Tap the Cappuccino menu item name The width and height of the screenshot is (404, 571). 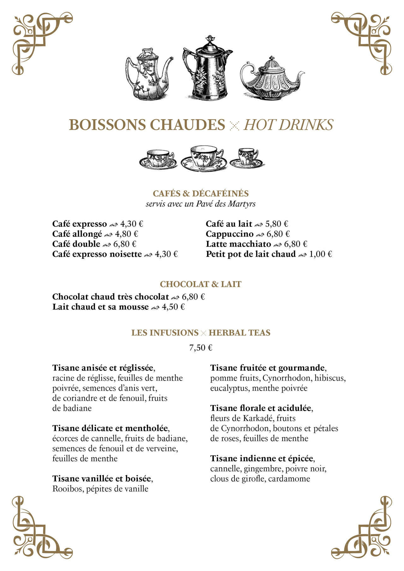[229, 234]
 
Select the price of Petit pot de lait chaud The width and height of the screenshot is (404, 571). [320, 254]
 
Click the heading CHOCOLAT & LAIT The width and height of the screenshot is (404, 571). [200, 284]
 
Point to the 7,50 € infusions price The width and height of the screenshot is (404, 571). [201, 348]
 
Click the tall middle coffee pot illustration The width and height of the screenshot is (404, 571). [208, 69]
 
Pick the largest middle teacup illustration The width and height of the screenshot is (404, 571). [204, 158]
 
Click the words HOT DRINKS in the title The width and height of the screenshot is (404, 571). [288, 125]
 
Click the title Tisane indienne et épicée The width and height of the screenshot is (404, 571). [262, 459]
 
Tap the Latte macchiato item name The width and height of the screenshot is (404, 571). [238, 244]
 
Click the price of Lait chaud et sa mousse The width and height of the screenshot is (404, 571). [173, 307]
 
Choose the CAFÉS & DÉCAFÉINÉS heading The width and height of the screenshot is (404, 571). [201, 193]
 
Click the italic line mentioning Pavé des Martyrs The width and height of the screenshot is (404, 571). [201, 204]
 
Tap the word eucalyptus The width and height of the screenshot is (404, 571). [229, 388]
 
